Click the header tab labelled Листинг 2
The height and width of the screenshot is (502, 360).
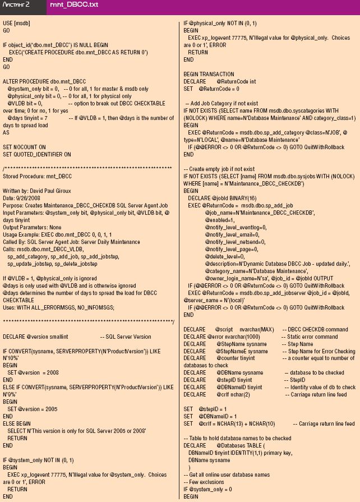pos(17,6)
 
